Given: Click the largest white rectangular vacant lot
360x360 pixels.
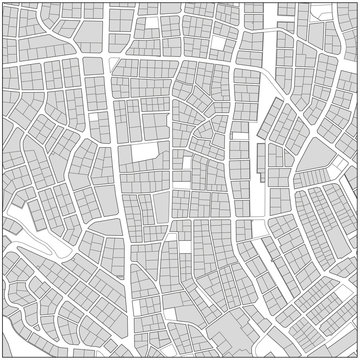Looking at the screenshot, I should [x=145, y=153].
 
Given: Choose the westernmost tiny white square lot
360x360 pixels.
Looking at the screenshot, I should [x=92, y=118].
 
